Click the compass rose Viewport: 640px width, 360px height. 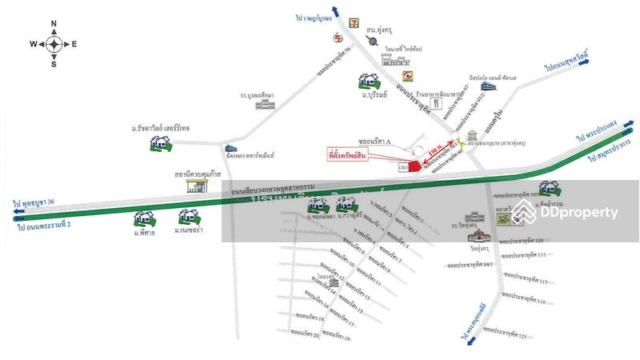pyautogui.click(x=54, y=44)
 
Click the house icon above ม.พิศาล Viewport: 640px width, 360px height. pyautogui.click(x=145, y=218)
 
